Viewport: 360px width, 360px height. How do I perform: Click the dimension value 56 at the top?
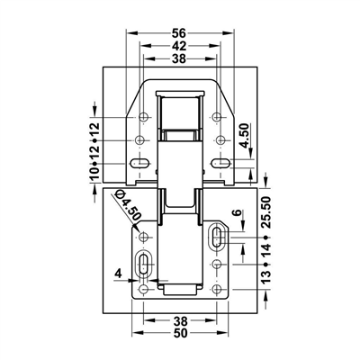coord(179,33)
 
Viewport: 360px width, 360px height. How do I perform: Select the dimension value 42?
coord(179,46)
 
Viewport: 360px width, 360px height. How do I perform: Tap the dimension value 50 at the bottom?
coord(180,333)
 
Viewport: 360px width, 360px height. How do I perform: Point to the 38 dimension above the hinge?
coord(179,58)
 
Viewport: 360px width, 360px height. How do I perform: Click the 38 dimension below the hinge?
coord(180,321)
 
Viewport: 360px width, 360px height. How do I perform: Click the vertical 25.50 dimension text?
coord(265,212)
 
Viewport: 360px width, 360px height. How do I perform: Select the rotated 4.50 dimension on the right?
coord(245,136)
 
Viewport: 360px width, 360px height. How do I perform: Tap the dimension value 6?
coord(237,212)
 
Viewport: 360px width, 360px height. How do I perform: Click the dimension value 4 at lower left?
coord(119,274)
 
